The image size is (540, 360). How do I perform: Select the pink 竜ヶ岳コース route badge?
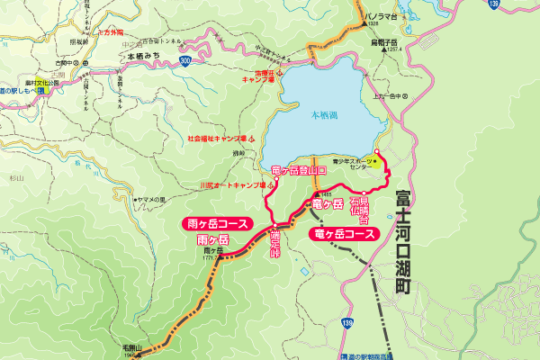click(x=343, y=234)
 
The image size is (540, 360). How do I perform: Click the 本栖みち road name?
click(x=144, y=56)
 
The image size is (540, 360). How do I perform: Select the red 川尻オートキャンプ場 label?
click(x=229, y=186)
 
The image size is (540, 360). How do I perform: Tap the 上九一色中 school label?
click(x=388, y=95)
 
